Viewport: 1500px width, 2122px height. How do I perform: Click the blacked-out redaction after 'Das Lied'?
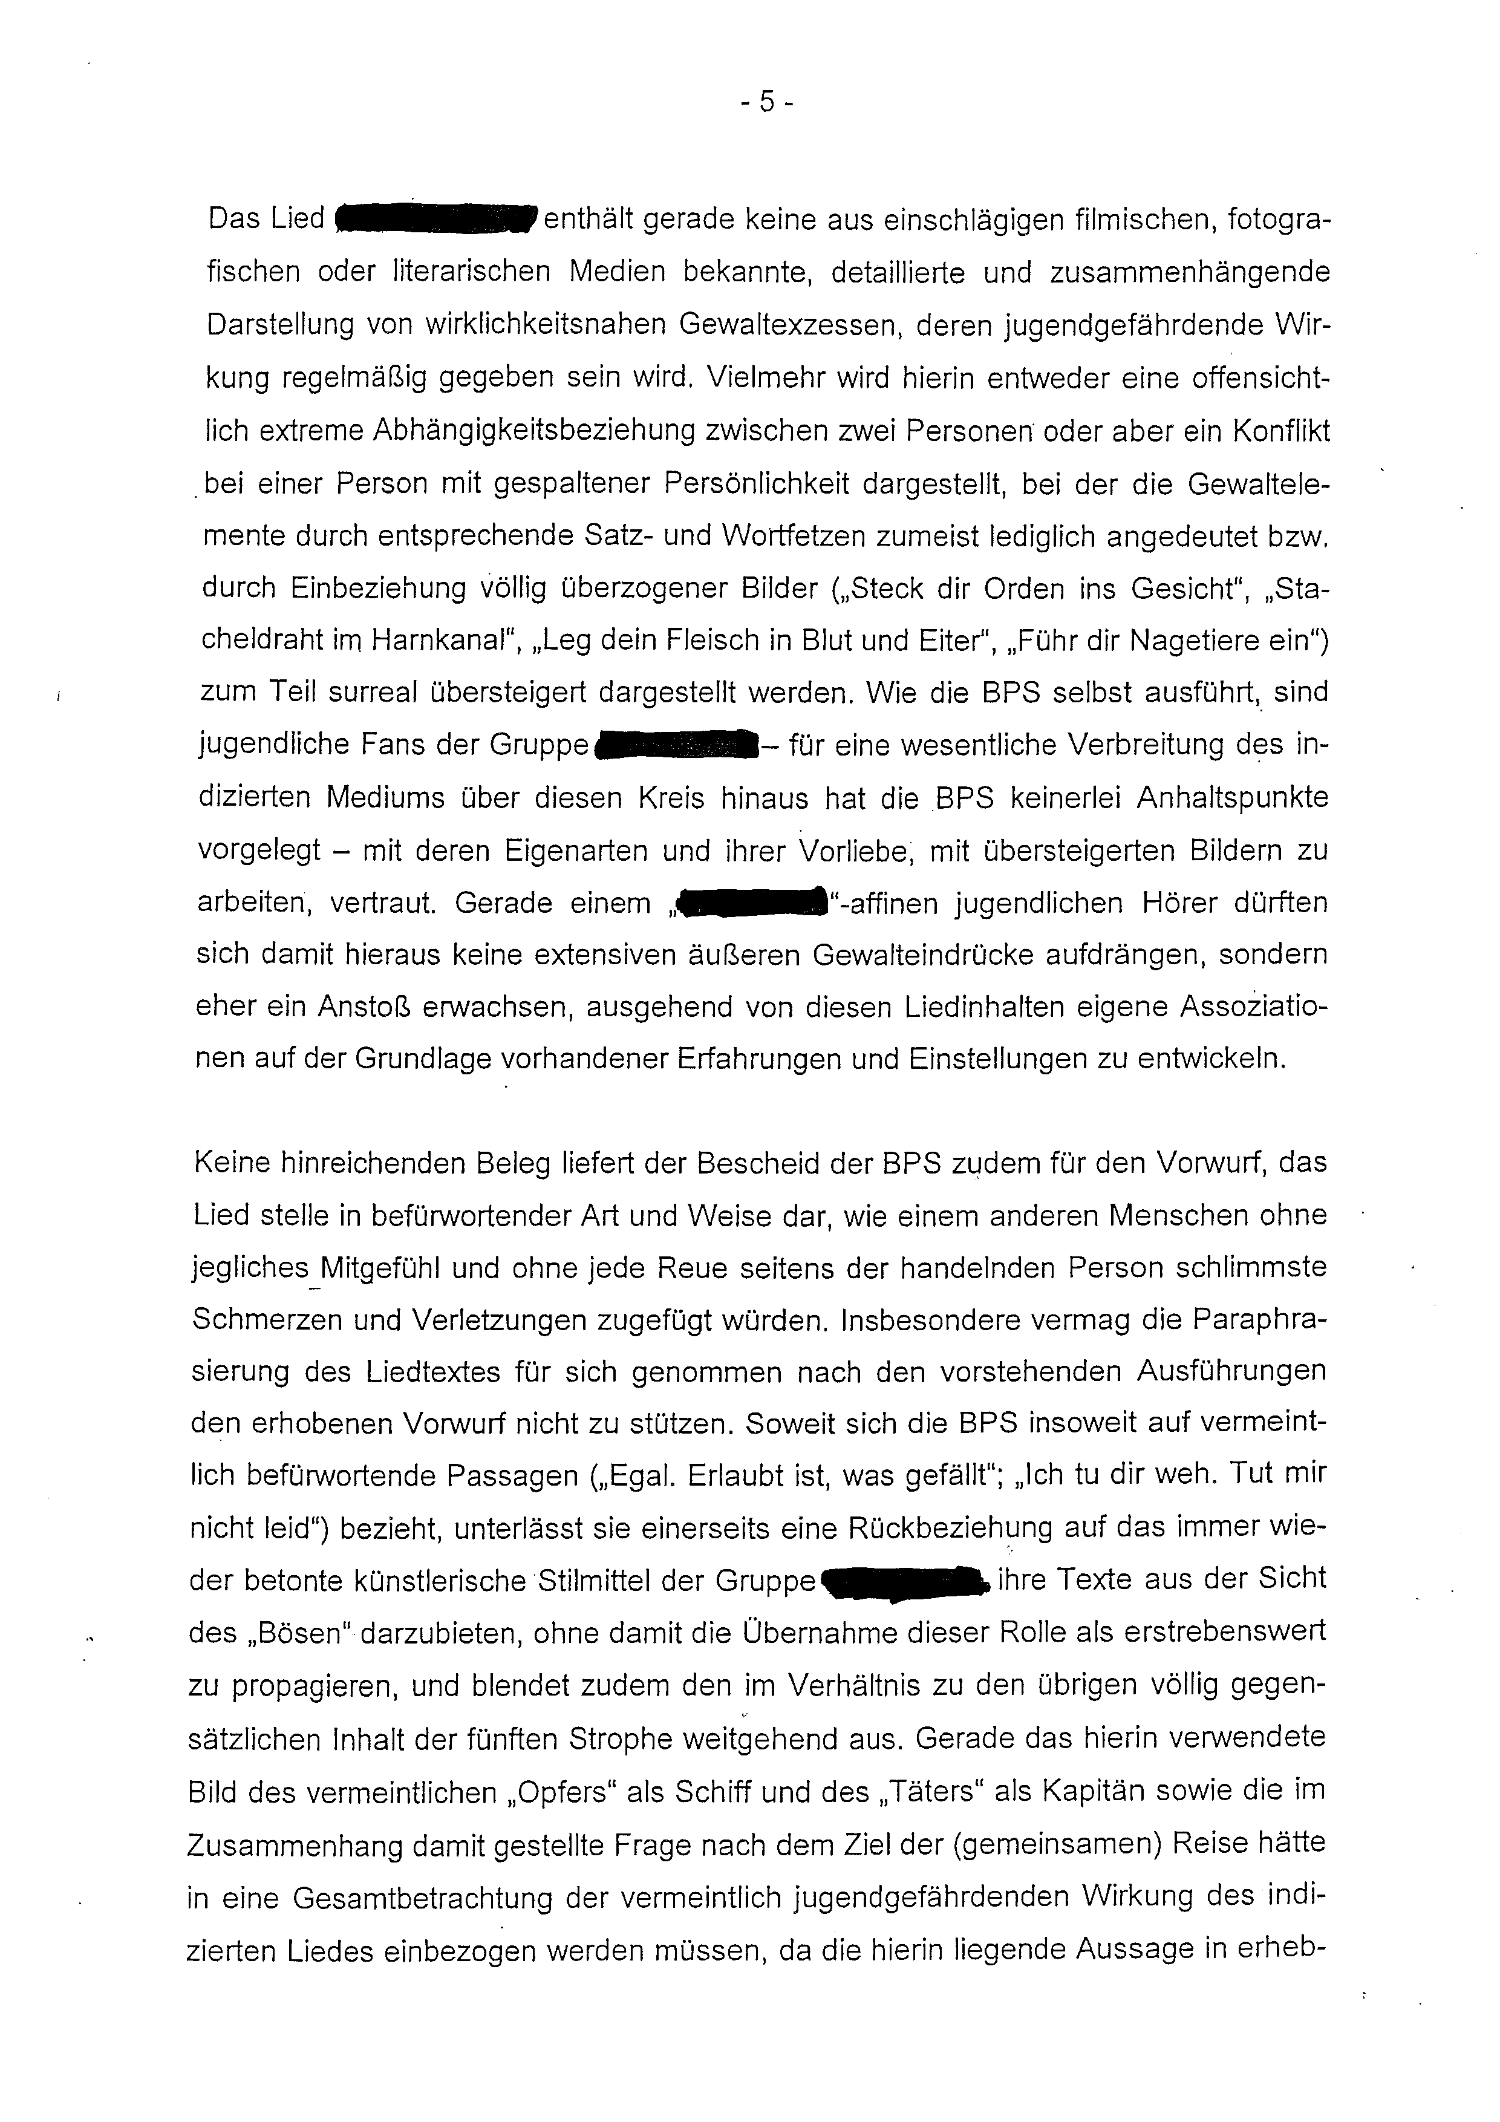[436, 218]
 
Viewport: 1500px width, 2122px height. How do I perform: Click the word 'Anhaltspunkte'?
[1231, 797]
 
